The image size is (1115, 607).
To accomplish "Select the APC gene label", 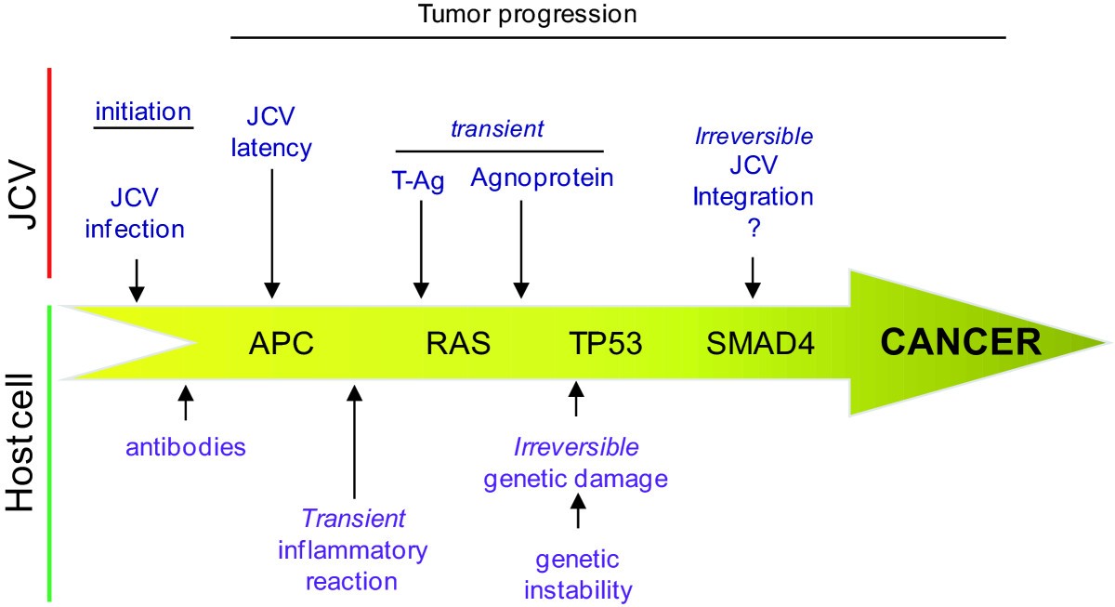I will [x=282, y=345].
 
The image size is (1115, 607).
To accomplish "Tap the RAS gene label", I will [x=458, y=345].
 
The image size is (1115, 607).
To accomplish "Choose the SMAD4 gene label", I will [x=760, y=345].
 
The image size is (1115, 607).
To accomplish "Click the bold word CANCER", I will [x=961, y=342].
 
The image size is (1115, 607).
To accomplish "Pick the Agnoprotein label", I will [x=542, y=177].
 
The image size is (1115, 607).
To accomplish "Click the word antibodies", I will [x=187, y=447].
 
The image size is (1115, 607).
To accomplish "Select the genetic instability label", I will [x=578, y=574].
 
